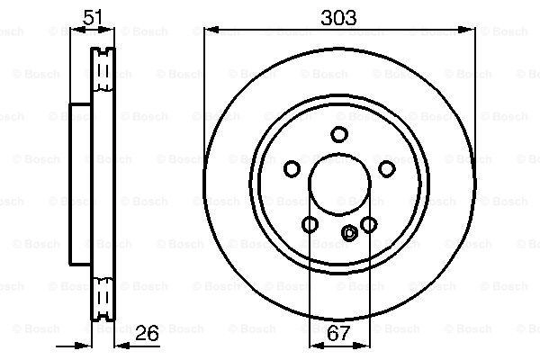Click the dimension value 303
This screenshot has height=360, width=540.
click(x=338, y=18)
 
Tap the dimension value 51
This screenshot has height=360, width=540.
click(x=93, y=17)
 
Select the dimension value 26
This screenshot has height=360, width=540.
click(x=147, y=333)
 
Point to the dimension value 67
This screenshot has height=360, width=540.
click(x=338, y=333)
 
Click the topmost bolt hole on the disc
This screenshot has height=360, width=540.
click(x=339, y=134)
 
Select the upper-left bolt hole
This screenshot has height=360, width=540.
click(x=292, y=169)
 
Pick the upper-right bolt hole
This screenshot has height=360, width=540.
click(x=387, y=169)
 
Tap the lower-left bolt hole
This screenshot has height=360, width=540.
click(x=310, y=225)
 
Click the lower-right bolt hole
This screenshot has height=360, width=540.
click(x=368, y=225)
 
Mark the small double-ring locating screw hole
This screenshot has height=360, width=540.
click(x=349, y=233)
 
